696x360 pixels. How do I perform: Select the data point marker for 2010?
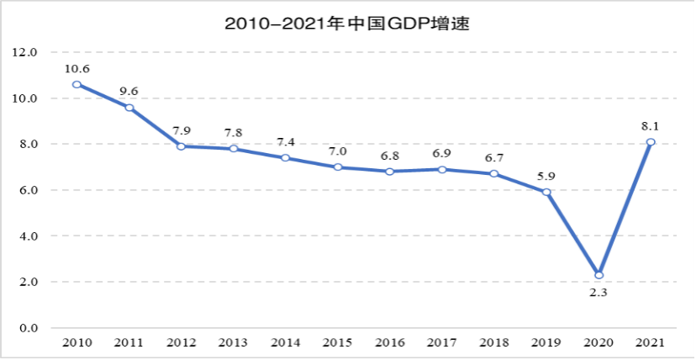pos(76,84)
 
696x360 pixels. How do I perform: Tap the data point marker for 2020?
pos(598,275)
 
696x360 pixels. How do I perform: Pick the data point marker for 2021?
pos(651,141)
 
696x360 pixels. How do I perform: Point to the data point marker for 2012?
pos(181,146)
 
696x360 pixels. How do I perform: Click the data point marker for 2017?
pos(442,169)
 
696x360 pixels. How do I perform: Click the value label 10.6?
pos(76,68)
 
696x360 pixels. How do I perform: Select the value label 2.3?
pos(598,292)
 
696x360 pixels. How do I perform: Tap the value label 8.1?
pos(651,125)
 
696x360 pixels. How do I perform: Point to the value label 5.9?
pos(546,176)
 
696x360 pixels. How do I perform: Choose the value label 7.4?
pos(286,141)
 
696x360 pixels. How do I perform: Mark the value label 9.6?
pos(129,91)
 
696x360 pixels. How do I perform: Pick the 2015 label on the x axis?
pos(338,342)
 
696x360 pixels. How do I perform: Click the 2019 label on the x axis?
pos(546,342)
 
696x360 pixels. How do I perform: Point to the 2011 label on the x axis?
pos(129,342)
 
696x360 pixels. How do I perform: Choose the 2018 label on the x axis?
pos(494,342)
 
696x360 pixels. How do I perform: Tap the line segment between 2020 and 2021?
pos(625,209)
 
